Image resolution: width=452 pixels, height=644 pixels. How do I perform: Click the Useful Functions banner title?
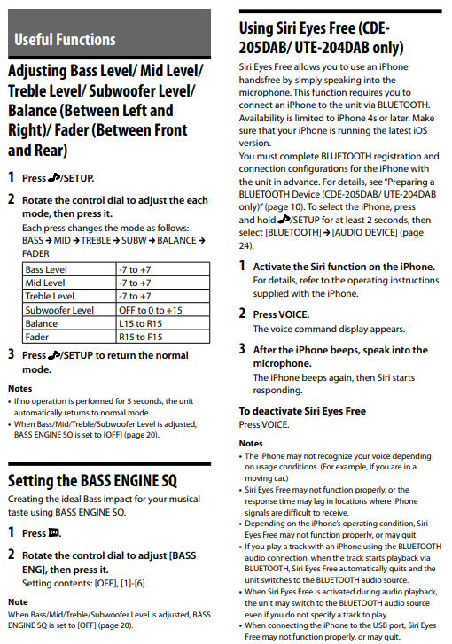click(x=65, y=40)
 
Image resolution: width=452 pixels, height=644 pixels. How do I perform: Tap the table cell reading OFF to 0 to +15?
click(x=151, y=310)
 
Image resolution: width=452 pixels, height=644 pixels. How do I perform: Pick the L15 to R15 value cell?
click(x=141, y=323)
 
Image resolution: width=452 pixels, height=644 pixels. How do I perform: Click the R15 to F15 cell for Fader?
click(x=141, y=337)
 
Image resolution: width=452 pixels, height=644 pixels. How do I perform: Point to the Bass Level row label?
click(x=46, y=269)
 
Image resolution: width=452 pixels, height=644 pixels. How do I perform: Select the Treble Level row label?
click(x=50, y=296)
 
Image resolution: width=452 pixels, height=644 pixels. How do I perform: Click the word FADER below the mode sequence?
click(x=35, y=254)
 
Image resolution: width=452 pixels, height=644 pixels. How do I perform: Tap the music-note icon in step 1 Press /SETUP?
click(x=54, y=178)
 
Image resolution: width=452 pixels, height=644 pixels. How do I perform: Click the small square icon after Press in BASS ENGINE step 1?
click(x=54, y=532)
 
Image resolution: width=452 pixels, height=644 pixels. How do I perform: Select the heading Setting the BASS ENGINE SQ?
click(x=92, y=480)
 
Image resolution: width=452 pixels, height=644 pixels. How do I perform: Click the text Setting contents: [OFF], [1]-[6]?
click(x=83, y=583)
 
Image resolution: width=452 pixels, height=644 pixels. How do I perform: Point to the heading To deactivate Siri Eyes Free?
click(x=302, y=411)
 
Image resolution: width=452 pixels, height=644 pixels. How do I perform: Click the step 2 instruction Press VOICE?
click(x=282, y=314)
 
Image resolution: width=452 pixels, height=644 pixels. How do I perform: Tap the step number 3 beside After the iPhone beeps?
click(x=243, y=349)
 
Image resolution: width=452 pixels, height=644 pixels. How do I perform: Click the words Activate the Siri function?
click(x=309, y=267)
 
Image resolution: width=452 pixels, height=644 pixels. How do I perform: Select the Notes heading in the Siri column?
click(x=251, y=444)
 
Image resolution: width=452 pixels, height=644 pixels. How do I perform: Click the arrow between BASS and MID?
click(x=49, y=241)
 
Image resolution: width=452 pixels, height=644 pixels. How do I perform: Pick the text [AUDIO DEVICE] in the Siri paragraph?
click(x=365, y=232)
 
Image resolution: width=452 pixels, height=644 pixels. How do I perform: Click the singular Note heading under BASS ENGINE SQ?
click(x=18, y=602)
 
